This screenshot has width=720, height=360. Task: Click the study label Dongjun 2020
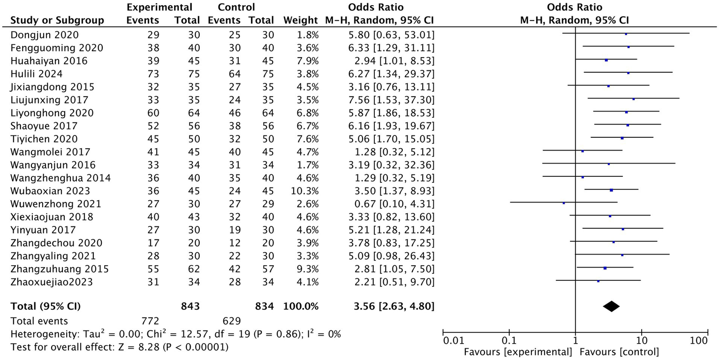(x=45, y=35)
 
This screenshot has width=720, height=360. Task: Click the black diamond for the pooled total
(x=611, y=307)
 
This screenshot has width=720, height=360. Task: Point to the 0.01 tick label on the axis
(x=454, y=341)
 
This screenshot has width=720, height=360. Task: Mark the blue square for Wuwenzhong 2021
(x=564, y=203)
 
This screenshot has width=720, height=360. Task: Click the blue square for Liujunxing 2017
(x=633, y=99)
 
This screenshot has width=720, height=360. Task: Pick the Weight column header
(x=301, y=21)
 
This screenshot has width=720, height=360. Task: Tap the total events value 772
(x=151, y=321)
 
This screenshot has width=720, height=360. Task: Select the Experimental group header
(x=159, y=7)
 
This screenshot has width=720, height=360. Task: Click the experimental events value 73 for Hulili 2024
(x=153, y=74)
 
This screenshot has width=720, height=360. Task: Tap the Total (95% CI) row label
(x=45, y=307)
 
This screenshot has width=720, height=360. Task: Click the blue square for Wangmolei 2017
(x=583, y=151)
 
